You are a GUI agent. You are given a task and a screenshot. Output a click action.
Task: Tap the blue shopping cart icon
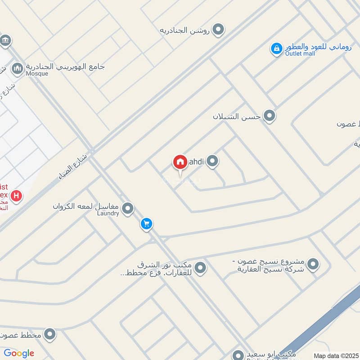pos(146,224)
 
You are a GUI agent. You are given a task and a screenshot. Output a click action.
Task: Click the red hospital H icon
pos(17,196)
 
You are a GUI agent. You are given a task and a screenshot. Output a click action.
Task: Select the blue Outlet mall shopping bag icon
pos(276,48)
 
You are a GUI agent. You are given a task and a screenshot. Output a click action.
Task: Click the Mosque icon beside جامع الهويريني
pos(18,68)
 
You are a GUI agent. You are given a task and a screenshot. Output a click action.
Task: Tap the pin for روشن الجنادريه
pos(218,30)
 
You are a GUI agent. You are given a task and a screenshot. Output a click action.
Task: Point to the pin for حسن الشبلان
pos(270,116)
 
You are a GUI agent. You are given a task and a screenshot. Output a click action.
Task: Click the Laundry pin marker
pos(128,208)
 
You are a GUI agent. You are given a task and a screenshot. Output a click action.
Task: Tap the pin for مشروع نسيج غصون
pos(313,265)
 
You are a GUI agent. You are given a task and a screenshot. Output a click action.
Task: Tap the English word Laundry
pos(108,213)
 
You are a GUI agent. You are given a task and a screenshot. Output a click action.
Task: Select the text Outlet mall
pos(300,54)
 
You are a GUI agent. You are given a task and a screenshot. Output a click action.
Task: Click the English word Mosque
pos(37,73)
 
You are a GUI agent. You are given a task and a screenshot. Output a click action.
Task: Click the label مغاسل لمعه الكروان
pos(85,207)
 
